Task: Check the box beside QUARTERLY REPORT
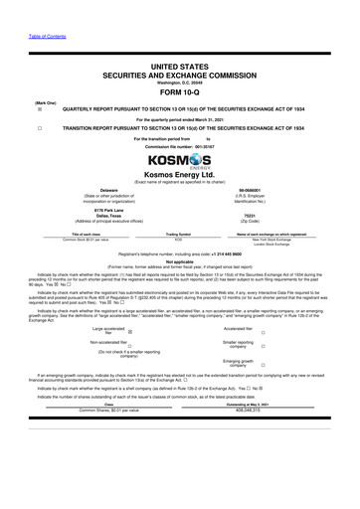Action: point(39,111)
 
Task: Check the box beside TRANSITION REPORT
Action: point(39,128)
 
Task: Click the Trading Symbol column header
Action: point(180,235)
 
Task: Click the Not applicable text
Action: point(180,260)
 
